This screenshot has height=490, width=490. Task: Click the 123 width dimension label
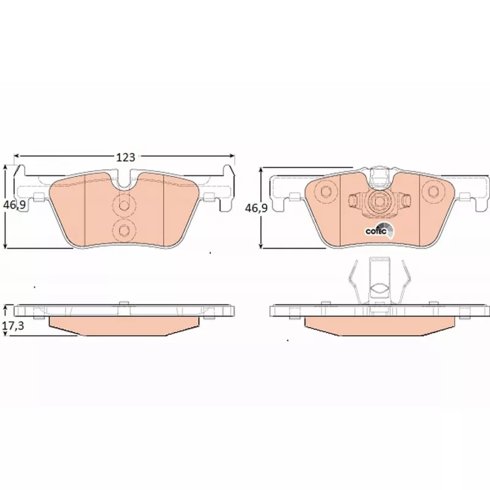(126, 157)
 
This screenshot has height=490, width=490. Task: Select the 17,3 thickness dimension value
(13, 326)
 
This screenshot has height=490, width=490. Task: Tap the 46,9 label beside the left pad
(14, 205)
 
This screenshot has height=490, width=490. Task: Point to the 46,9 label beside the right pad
(256, 208)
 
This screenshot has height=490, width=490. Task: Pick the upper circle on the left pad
(124, 205)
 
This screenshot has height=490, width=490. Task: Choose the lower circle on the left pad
(124, 231)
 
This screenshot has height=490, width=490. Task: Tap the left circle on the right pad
(326, 191)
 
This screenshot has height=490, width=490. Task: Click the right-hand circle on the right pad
(433, 191)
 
